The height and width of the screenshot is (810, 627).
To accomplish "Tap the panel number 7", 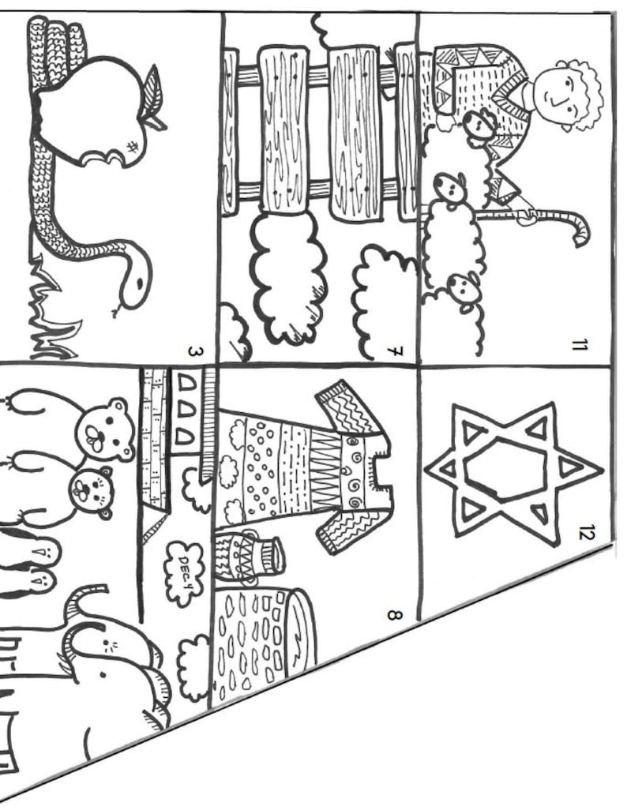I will (x=396, y=350).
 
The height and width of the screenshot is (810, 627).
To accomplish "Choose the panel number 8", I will (x=395, y=612).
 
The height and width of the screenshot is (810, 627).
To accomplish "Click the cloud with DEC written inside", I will (x=186, y=564).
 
